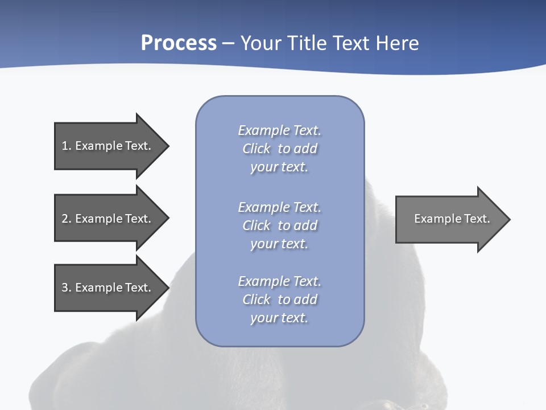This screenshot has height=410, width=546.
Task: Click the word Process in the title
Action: point(179,43)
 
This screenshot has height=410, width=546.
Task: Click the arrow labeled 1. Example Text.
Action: point(106,146)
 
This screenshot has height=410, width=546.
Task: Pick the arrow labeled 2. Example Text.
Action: point(106,219)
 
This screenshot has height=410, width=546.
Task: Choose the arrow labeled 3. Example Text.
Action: point(106,288)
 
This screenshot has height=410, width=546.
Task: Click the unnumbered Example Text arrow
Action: point(452,219)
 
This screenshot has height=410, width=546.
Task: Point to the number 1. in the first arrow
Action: point(67,146)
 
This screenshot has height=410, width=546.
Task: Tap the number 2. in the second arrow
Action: point(67,219)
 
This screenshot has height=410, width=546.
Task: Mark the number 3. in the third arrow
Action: point(67,288)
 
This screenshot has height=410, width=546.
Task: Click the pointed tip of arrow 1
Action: point(166,146)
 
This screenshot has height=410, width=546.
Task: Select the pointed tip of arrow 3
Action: point(166,288)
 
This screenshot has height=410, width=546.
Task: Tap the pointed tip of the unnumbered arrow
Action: point(507,219)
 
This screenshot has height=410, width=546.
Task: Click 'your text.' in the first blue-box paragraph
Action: point(279,167)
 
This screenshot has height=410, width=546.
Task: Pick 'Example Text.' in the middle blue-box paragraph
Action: point(279,207)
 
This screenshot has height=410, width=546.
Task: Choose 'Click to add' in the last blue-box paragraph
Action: point(279,300)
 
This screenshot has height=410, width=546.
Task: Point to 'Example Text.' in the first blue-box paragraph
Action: point(279,131)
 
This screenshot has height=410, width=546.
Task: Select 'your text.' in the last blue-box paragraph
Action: point(279,318)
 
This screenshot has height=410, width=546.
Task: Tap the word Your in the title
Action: point(260,43)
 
